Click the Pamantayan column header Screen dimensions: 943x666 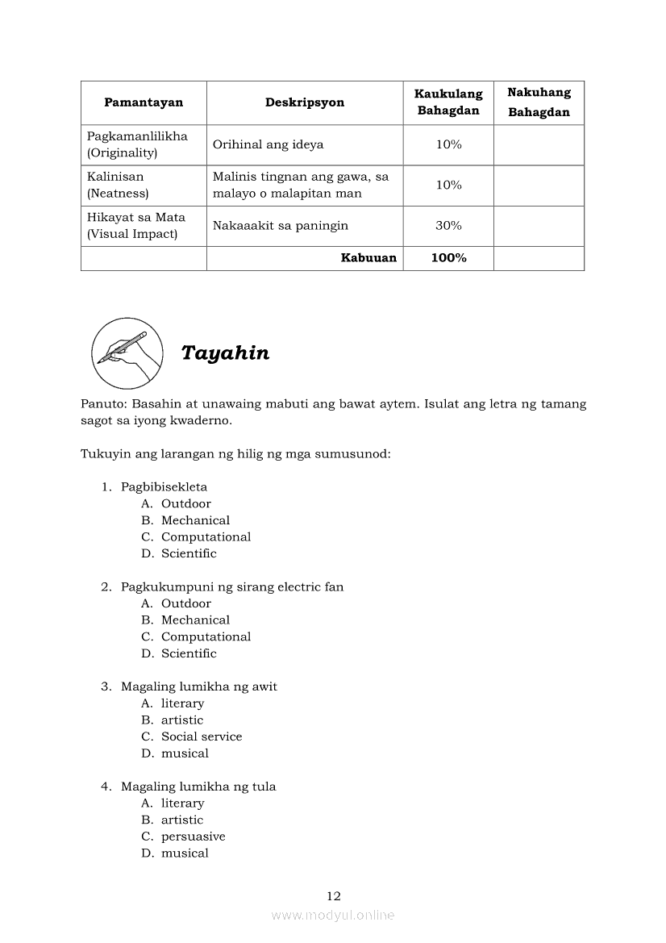(144, 102)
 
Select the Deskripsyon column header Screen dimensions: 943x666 (305, 102)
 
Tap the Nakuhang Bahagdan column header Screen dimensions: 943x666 (539, 102)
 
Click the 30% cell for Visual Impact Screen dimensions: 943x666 (448, 226)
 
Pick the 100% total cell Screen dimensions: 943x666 (448, 258)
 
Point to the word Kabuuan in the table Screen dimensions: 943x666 (368, 258)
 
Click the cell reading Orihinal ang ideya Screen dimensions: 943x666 (268, 145)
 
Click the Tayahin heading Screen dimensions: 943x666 (225, 353)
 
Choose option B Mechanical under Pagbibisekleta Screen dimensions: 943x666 (195, 520)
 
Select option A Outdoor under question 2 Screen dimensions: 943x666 (185, 603)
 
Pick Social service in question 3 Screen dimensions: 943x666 (202, 736)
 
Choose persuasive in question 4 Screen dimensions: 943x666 (193, 837)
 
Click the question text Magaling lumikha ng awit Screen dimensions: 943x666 (198, 686)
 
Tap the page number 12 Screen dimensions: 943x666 (334, 896)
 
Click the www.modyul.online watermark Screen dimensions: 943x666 (333, 916)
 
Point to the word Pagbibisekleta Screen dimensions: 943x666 (164, 486)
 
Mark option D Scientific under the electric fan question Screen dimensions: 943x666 (189, 653)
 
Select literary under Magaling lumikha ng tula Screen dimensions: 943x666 (182, 803)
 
